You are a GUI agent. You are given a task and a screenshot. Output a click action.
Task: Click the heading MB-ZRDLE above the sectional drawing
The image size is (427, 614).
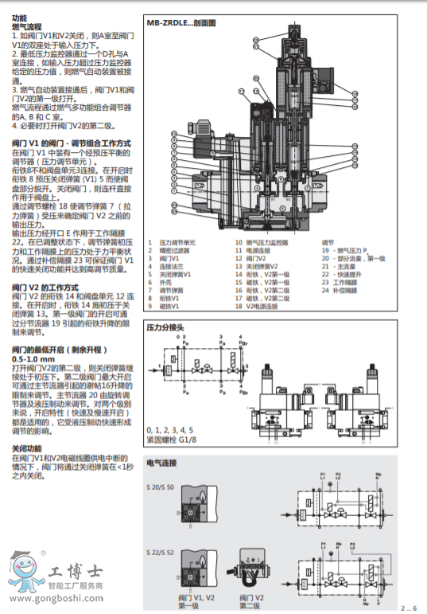(x=181, y=23)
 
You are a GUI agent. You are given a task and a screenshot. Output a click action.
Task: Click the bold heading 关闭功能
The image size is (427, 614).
(x=27, y=449)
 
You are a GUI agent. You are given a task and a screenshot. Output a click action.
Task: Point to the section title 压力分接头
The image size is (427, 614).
(x=165, y=327)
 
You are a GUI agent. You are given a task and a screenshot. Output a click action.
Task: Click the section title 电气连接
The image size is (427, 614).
(x=161, y=462)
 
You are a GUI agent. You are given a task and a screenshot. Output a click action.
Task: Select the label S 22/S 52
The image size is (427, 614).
(x=161, y=552)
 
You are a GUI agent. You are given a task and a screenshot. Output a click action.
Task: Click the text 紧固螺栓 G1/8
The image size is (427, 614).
(x=172, y=437)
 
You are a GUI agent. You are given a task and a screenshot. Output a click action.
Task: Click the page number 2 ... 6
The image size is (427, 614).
(x=409, y=608)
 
